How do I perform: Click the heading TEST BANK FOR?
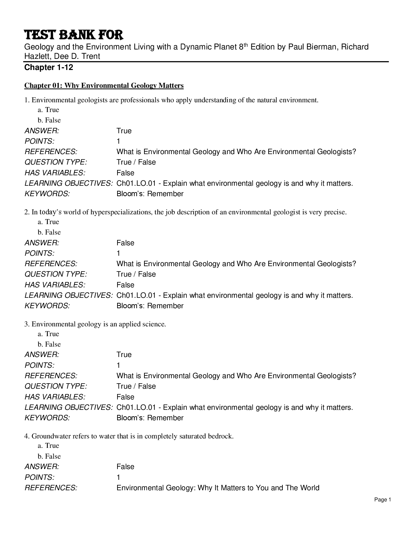pyautogui.click(x=74, y=35)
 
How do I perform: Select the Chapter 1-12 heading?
pyautogui.click(x=48, y=68)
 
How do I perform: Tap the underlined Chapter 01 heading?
pyautogui.click(x=104, y=85)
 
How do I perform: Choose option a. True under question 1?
pyautogui.click(x=48, y=110)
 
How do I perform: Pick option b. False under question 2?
pyautogui.click(x=49, y=232)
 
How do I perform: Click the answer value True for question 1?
pyautogui.click(x=124, y=131)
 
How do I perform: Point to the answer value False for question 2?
pyautogui.click(x=125, y=243)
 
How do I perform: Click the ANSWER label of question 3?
pyautogui.click(x=42, y=355)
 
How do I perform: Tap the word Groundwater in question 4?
pyautogui.click(x=52, y=436)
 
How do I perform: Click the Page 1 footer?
pyautogui.click(x=383, y=500)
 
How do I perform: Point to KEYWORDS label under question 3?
pyautogui.click(x=47, y=418)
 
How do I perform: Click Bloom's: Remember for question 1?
pyautogui.click(x=150, y=194)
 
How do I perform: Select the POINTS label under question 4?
pyautogui.click(x=39, y=477)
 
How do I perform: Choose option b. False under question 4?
pyautogui.click(x=49, y=456)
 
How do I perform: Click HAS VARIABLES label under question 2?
pyautogui.click(x=55, y=285)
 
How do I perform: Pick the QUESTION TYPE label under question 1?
pyautogui.click(x=56, y=162)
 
